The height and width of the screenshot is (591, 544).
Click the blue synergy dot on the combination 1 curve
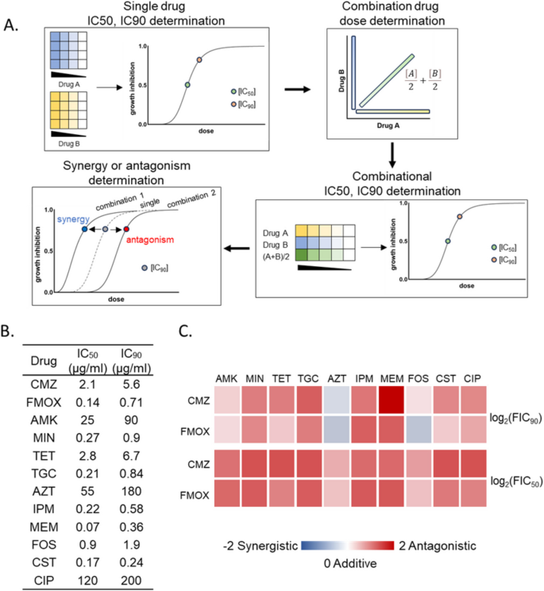84,230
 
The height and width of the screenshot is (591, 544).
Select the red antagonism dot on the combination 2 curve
126,230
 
